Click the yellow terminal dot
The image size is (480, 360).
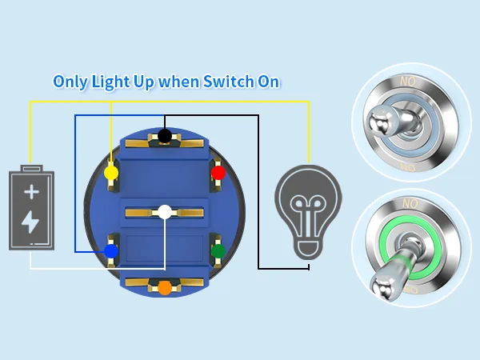111,173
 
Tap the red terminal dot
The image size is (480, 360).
218,173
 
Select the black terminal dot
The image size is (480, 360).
165,136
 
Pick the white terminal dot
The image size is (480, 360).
165,212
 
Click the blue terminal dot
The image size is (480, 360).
111,251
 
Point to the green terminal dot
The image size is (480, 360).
218,251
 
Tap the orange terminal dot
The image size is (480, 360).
165,288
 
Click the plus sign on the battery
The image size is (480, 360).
31,192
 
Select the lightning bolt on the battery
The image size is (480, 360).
30,222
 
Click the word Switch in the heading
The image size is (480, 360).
228,82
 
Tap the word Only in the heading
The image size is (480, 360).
70,82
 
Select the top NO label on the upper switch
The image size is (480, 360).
408,82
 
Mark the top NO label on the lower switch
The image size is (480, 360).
410,203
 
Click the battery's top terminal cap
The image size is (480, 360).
31,168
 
